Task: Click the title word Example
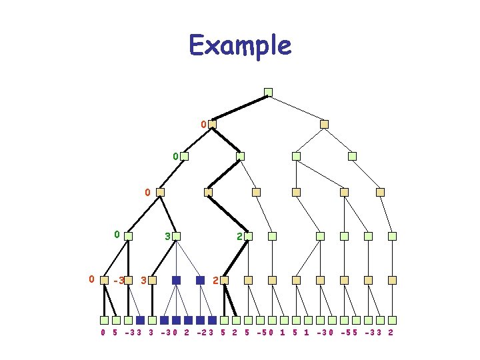(x=240, y=45)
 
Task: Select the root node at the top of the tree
(x=268, y=92)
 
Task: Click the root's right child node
(x=324, y=124)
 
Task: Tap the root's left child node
(x=212, y=124)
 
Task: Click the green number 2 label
(x=239, y=236)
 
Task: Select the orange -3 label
(x=119, y=281)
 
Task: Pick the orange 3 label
(x=144, y=281)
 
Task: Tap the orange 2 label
(x=215, y=280)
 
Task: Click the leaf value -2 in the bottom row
(x=201, y=331)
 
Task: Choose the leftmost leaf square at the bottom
(x=104, y=319)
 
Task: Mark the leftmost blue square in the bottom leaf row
(x=140, y=319)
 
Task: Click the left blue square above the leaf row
(x=176, y=281)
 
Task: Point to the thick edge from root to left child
(x=240, y=108)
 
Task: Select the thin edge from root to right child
(x=296, y=108)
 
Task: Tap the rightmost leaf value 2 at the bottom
(x=390, y=331)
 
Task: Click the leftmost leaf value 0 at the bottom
(x=103, y=331)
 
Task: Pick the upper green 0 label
(x=175, y=157)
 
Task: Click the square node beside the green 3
(x=177, y=236)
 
